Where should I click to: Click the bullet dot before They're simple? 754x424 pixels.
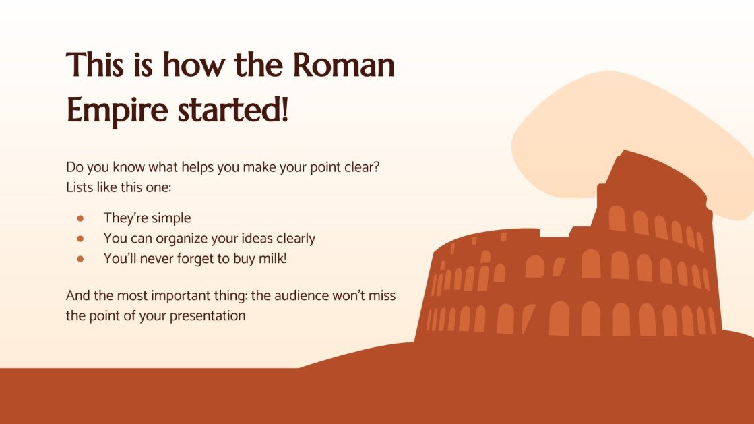pos(80,218)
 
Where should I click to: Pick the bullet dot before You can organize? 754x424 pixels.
pos(80,239)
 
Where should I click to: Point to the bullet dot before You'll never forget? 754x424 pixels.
pos(80,258)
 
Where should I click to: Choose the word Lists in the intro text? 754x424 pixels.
pos(80,187)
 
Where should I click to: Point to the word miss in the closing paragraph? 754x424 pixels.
pos(381,296)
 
